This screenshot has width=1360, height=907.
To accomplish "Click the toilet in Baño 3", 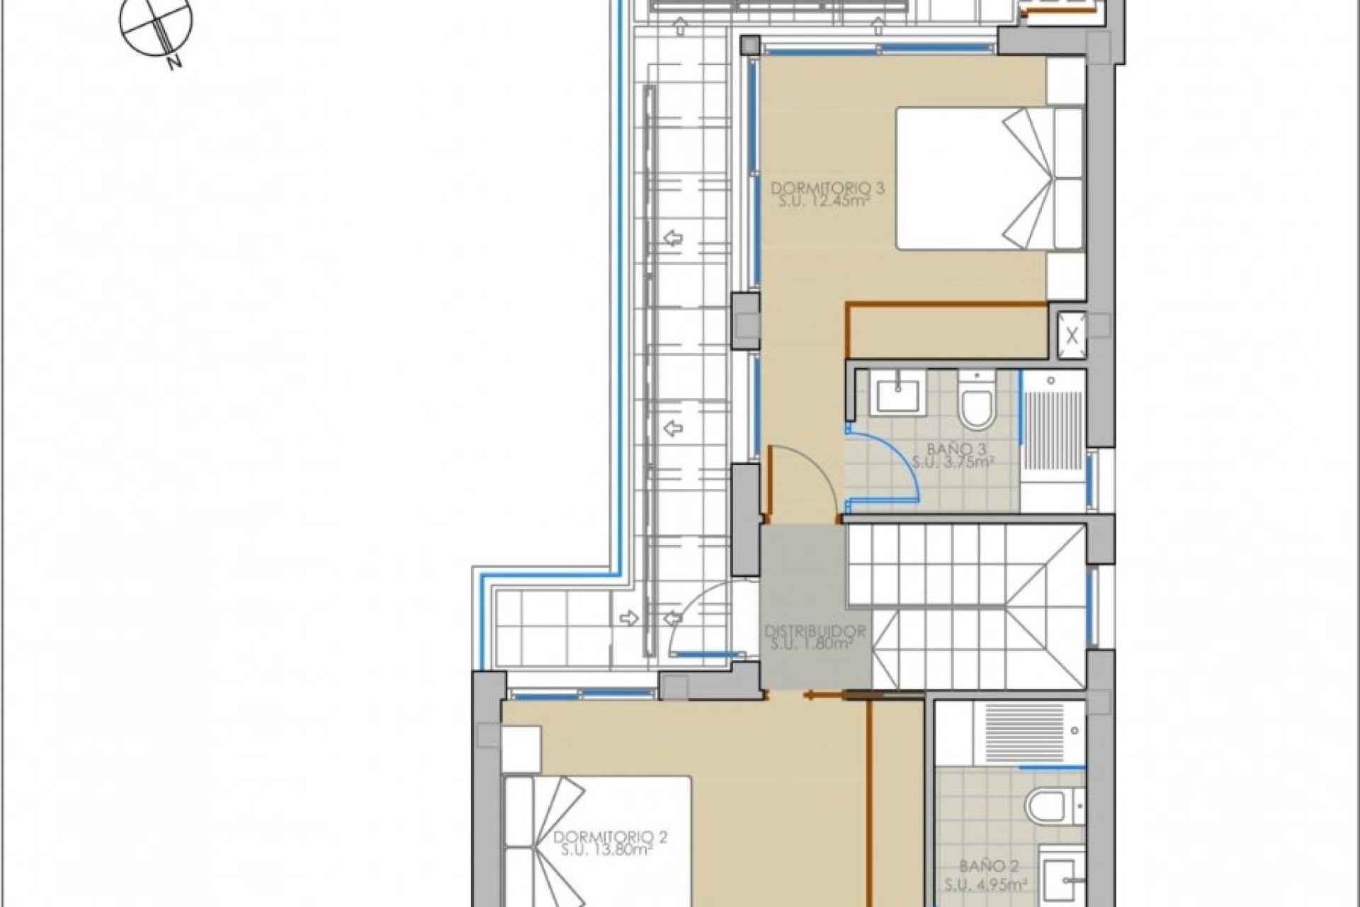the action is tap(976, 401).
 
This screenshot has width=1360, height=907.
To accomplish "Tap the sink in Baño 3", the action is tap(897, 395).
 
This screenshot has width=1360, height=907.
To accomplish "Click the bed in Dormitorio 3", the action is tap(990, 178).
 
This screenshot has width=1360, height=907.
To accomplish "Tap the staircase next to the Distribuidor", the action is tap(967, 607).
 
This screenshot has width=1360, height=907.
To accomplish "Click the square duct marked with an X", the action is tap(1072, 335).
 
